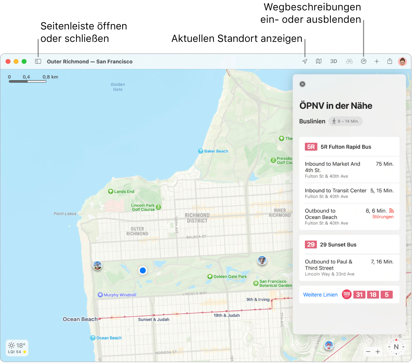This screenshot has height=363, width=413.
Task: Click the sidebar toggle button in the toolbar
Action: (x=38, y=62)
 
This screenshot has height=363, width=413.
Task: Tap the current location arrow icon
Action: (x=305, y=62)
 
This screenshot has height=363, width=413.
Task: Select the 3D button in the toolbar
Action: (x=334, y=62)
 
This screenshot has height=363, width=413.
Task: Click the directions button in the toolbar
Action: (x=364, y=62)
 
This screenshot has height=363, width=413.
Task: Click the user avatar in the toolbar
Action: (x=402, y=62)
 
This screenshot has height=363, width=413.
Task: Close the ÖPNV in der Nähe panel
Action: (x=302, y=84)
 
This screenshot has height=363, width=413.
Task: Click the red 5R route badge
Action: (x=311, y=147)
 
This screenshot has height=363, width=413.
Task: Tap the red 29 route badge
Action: (x=311, y=245)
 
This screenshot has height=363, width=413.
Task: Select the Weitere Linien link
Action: (x=320, y=295)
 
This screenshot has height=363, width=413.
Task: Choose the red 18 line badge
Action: (x=373, y=295)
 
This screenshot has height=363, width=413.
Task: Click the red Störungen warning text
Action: (x=383, y=217)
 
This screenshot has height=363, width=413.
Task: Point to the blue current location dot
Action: (x=143, y=270)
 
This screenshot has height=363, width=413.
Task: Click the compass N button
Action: (x=396, y=348)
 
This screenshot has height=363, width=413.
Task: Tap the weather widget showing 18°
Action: (x=17, y=348)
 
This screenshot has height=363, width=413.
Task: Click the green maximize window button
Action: (x=24, y=62)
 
